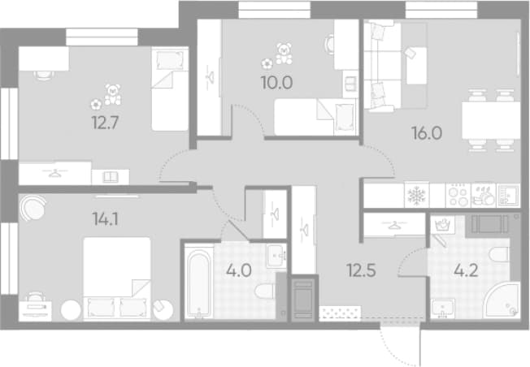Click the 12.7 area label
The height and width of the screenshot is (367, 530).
pos(105,123)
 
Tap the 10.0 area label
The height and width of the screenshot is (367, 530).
pos(276,83)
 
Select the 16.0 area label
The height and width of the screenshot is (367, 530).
pos(427,133)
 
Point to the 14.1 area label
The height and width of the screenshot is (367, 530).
pos(105,219)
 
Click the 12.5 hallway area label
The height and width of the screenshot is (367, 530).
pos(362,270)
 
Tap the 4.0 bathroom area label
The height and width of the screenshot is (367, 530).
pos(239,270)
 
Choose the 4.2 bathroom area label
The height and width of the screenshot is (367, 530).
pos(466,270)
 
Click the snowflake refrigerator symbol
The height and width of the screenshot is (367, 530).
pos(417,195)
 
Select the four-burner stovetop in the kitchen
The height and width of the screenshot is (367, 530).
pos(458,195)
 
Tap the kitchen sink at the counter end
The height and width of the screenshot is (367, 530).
pos(508,195)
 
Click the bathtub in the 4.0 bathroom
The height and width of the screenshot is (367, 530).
pos(198,282)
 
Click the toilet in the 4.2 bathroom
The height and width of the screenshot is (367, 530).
pos(499,254)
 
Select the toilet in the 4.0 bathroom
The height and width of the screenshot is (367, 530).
pos(265,291)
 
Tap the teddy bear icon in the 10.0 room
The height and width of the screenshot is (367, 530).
pos(284,54)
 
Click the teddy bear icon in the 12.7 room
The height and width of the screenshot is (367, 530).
pos(112,94)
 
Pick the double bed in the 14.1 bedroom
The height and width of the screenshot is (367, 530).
pos(117,278)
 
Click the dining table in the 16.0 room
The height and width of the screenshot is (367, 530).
pos(491,120)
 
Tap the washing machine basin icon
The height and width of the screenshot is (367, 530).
pos(442,225)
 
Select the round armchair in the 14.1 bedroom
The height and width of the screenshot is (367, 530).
pos(33,208)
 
